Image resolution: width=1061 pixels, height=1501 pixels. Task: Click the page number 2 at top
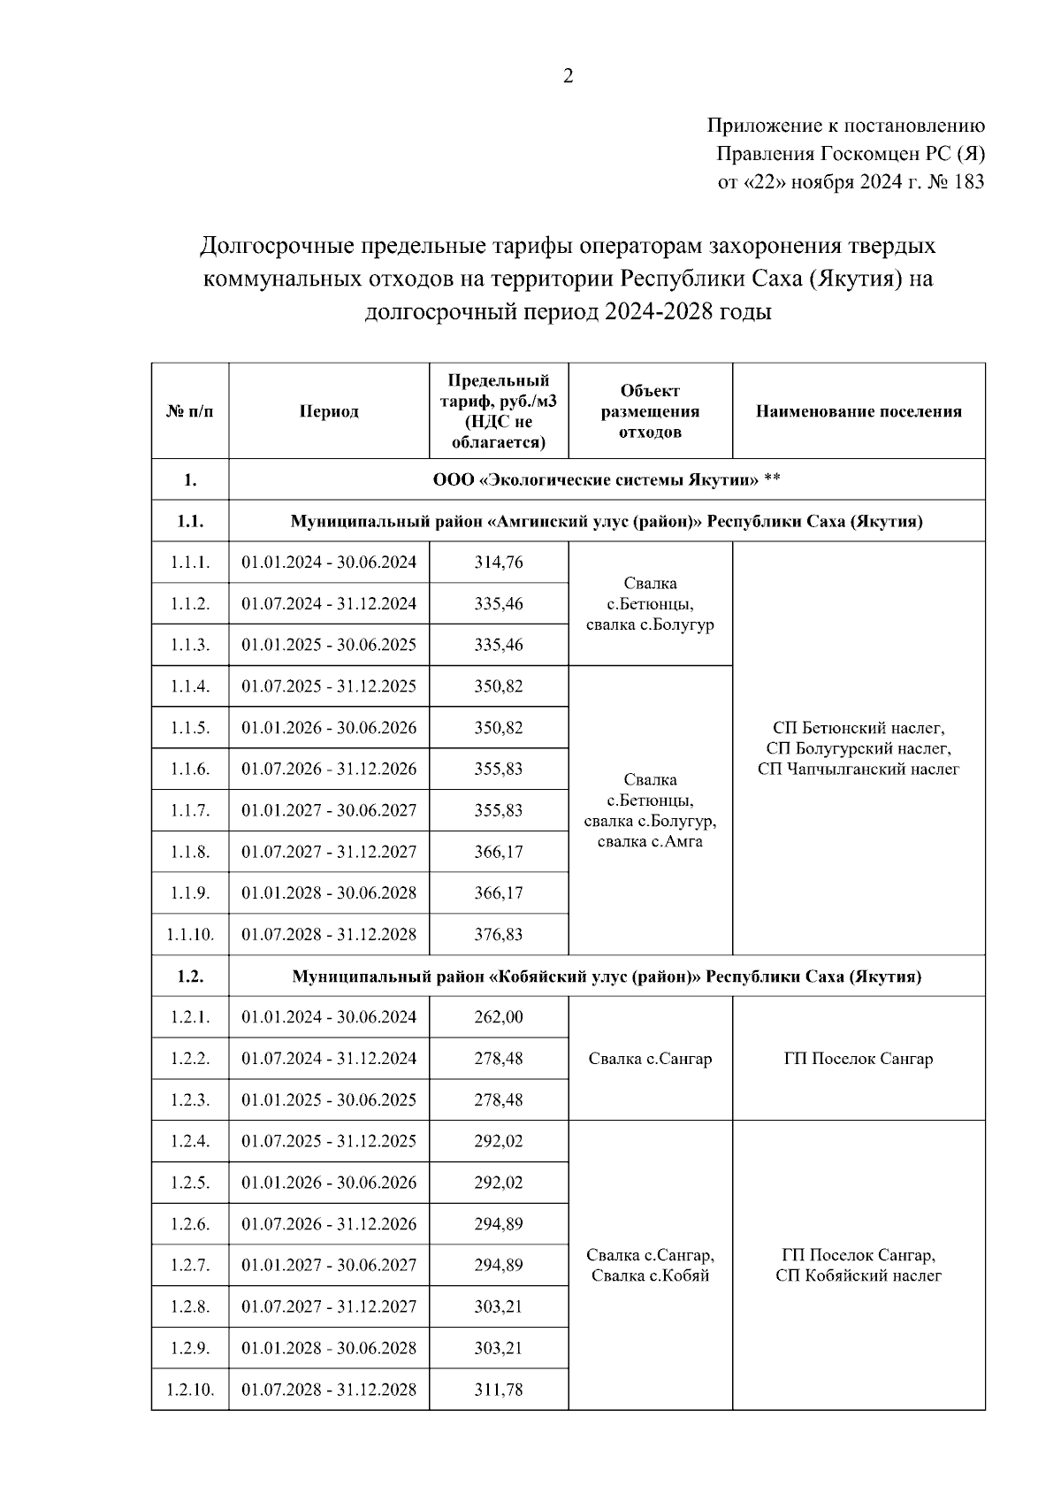[x=568, y=77]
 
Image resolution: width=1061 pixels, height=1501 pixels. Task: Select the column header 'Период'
[x=329, y=411]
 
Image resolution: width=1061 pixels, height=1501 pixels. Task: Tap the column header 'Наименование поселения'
[x=858, y=411]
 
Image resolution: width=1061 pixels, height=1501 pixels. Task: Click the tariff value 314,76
[x=499, y=563]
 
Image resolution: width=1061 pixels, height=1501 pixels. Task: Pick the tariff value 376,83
[x=499, y=934]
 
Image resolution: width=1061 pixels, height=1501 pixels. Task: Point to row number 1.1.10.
[x=190, y=934]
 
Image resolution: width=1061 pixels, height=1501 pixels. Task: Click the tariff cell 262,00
[x=499, y=1017]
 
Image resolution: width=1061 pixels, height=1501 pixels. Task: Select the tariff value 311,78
[x=499, y=1390]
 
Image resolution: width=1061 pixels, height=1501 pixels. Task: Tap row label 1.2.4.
[x=190, y=1141]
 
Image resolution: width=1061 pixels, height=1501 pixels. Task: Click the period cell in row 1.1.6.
[x=329, y=769]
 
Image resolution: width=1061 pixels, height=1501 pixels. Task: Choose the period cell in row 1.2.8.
[x=329, y=1306]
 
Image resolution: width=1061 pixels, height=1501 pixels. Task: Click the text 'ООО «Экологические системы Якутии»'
[x=594, y=479]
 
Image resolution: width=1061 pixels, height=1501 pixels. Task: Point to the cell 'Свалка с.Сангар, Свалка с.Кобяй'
[x=650, y=1265]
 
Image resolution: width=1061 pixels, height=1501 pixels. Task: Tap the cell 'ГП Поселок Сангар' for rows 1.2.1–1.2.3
[x=858, y=1059]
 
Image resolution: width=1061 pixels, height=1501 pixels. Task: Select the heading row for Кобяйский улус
[x=607, y=976]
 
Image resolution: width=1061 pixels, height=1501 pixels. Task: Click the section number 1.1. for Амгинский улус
[x=190, y=521]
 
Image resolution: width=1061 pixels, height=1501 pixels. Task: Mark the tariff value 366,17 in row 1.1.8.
[x=499, y=852]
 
